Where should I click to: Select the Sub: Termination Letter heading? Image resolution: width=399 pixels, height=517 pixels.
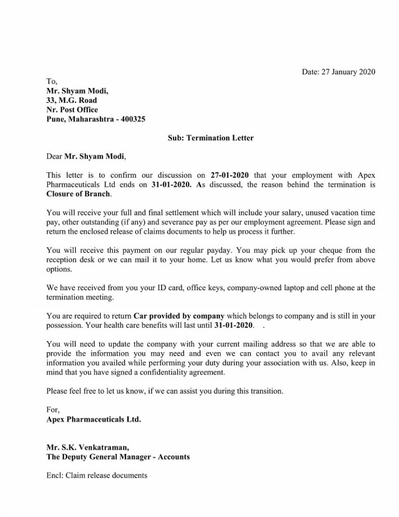click(210, 138)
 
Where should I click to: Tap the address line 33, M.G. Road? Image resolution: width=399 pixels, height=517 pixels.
click(71, 100)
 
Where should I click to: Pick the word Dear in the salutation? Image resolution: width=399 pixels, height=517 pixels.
click(54, 156)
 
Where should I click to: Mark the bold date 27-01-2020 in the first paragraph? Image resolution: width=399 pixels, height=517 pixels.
click(231, 175)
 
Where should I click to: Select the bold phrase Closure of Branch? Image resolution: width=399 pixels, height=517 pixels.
click(78, 194)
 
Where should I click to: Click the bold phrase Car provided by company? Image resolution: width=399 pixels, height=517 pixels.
click(179, 316)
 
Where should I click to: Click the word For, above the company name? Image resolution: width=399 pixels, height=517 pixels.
click(53, 410)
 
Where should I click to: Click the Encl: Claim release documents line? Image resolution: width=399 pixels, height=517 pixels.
click(97, 475)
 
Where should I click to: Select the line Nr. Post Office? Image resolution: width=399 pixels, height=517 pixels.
click(72, 110)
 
